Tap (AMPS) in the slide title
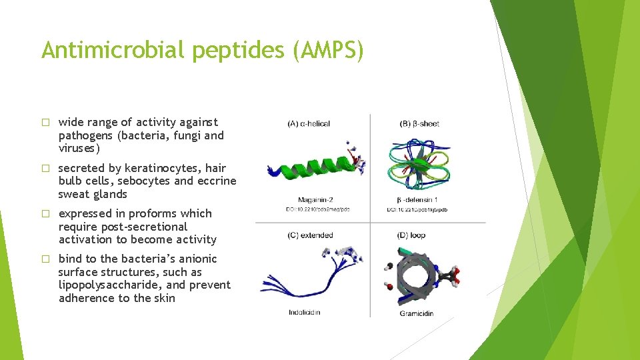click(328, 51)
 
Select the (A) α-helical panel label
click(309, 123)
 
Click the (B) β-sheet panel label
click(419, 123)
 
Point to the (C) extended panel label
click(310, 235)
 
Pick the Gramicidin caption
click(417, 313)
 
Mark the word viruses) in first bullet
click(79, 148)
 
